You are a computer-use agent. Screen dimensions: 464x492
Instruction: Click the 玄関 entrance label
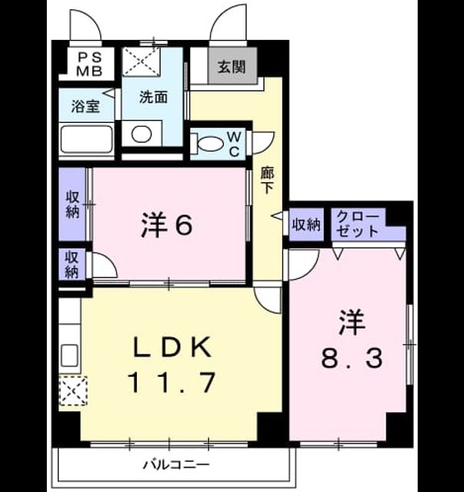coord(232,67)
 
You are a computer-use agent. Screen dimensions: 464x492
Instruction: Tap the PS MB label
coord(90,65)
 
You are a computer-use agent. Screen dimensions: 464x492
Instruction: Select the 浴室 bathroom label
coord(85,107)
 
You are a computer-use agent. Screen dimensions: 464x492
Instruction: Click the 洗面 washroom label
coord(153,98)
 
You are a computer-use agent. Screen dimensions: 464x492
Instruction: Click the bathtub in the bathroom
coord(86,138)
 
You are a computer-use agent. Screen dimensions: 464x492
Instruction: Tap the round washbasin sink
coord(142,134)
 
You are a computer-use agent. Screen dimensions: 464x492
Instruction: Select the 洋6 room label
coord(167,224)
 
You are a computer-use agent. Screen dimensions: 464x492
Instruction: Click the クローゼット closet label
coord(358,224)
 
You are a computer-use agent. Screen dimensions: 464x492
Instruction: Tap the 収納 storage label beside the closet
coord(306,225)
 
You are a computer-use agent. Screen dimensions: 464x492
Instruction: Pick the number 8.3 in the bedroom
coord(352,359)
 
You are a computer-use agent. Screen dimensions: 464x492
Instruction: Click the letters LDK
coord(172,347)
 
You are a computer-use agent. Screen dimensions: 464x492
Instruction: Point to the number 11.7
coord(172,382)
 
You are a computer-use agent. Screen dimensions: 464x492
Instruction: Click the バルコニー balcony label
coord(176,464)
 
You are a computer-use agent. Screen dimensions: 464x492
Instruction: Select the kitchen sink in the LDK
coord(69,355)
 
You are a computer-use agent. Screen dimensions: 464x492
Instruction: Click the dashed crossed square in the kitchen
coord(73,391)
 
